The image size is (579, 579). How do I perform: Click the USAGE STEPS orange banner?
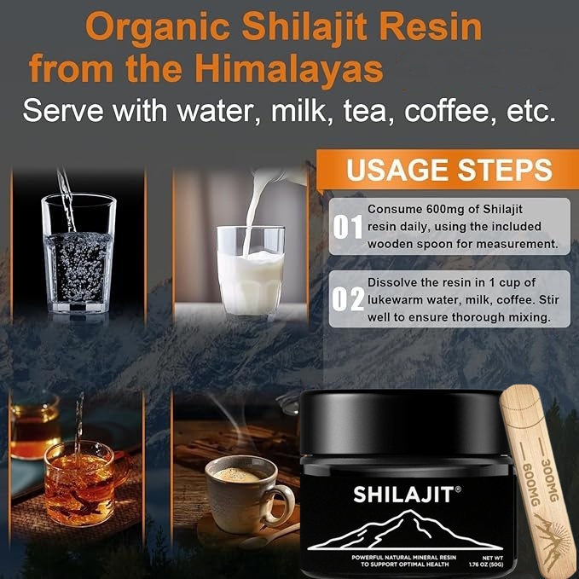click(x=448, y=170)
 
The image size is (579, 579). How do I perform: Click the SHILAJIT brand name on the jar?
click(x=408, y=494)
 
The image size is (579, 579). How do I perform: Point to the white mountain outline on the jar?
click(x=408, y=529)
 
